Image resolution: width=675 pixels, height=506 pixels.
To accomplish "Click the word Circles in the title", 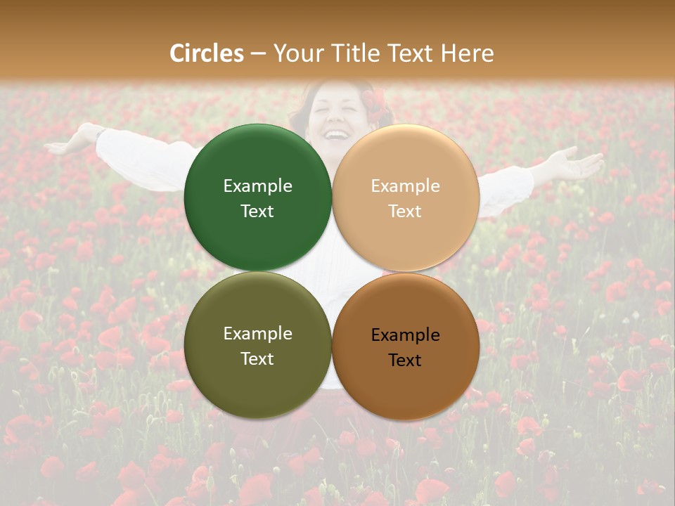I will point(207,53).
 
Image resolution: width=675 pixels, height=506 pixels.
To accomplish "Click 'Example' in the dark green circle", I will point(257,186).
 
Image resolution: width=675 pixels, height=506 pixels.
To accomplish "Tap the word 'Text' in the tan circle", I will point(405,211).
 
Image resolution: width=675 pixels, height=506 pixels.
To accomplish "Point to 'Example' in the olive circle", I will point(257,333).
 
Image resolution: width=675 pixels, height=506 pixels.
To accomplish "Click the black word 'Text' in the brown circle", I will point(405,360).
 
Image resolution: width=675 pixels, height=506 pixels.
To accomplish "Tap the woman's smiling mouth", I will point(338,134).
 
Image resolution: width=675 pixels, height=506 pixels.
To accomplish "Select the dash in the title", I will point(257,54).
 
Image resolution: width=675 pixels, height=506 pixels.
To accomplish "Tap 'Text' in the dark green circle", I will point(257,211).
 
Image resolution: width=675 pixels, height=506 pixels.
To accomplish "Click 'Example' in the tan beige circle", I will point(405,186).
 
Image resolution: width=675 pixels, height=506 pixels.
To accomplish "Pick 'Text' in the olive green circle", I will point(257,358).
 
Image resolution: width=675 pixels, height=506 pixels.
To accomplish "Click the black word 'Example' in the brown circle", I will point(405,335).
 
